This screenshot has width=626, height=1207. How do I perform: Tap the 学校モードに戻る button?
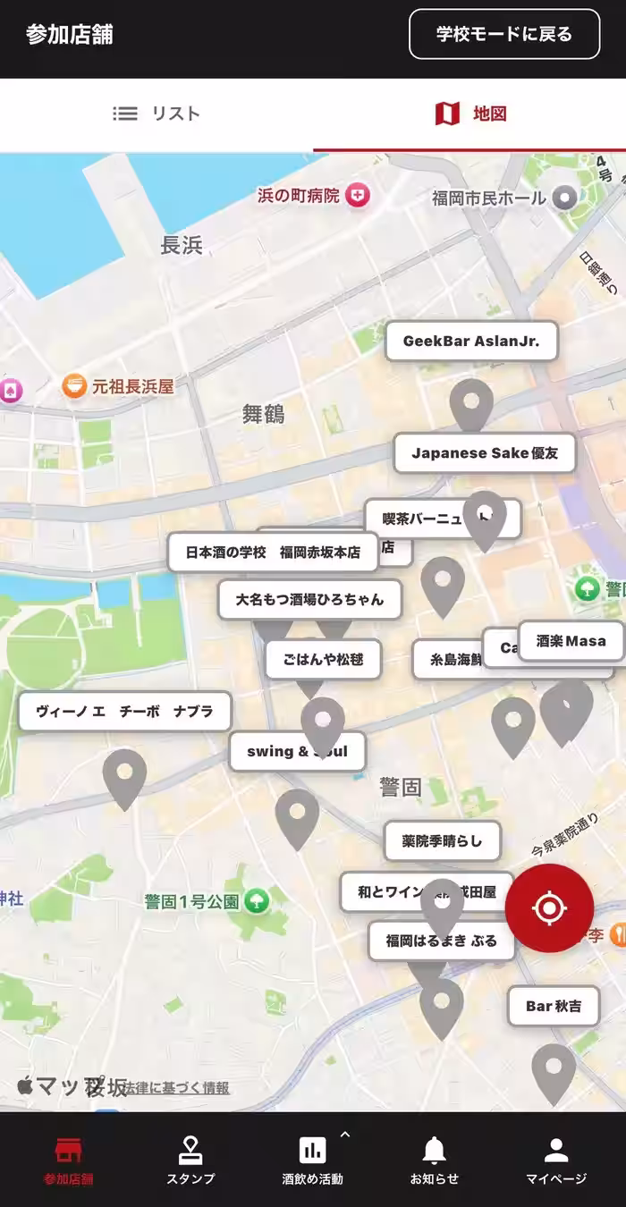[504, 34]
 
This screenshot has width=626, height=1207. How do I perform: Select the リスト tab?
[156, 114]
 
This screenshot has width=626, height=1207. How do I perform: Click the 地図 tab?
[470, 114]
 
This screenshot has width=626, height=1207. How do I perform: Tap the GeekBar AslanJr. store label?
[471, 342]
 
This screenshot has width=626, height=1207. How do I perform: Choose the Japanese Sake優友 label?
[484, 453]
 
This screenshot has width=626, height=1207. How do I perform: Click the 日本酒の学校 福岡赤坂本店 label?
[273, 553]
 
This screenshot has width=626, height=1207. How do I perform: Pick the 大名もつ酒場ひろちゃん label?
[309, 599]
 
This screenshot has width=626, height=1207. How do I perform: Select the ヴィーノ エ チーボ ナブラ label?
[124, 712]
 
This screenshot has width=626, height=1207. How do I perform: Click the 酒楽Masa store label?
[571, 641]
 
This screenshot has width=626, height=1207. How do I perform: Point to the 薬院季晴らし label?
[442, 840]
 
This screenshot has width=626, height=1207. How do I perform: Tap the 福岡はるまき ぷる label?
[441, 941]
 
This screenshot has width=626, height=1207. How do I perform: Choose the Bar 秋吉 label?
[553, 1006]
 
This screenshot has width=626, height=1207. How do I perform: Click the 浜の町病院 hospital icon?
[358, 195]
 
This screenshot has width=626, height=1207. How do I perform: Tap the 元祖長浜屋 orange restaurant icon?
[74, 386]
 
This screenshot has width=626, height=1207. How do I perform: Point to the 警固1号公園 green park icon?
[257, 901]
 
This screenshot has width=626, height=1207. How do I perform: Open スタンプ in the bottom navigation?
[190, 1161]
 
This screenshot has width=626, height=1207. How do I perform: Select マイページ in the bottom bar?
[556, 1161]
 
